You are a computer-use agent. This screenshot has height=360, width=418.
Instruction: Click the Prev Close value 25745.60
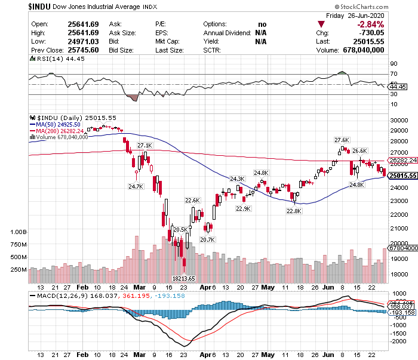(x=83, y=50)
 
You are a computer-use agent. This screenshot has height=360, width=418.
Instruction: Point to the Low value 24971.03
(x=83, y=41)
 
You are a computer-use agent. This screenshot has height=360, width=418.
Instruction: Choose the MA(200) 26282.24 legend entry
(x=60, y=130)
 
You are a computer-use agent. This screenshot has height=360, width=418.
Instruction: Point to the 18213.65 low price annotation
(x=184, y=278)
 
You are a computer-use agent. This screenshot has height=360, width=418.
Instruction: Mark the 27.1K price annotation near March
(x=145, y=145)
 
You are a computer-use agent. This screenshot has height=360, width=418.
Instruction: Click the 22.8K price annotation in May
(x=294, y=210)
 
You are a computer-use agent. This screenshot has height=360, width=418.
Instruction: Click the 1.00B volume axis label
(x=19, y=231)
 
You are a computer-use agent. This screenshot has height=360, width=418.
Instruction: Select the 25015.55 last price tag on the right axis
(x=402, y=176)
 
